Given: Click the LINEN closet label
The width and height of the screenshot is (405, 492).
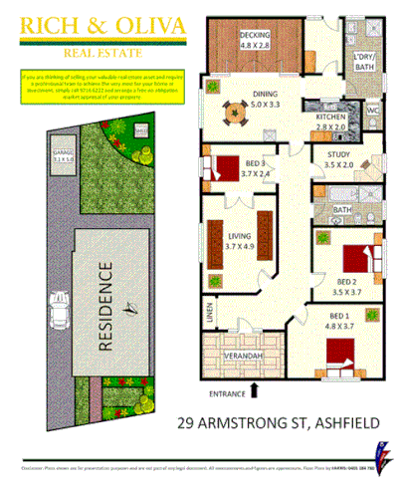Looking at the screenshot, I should click(210, 310).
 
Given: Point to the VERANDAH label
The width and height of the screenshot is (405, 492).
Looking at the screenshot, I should click(244, 356).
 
